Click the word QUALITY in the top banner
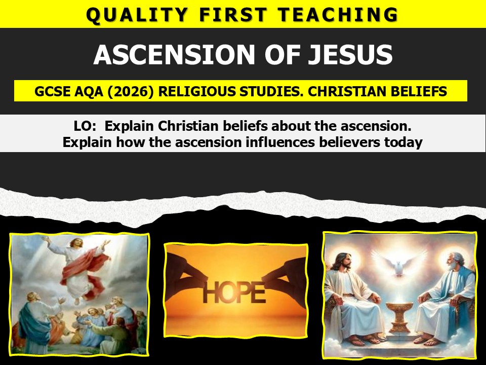137,15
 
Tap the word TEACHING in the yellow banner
338,15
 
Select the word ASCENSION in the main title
175,54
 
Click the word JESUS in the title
350,54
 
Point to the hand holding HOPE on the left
186,273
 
